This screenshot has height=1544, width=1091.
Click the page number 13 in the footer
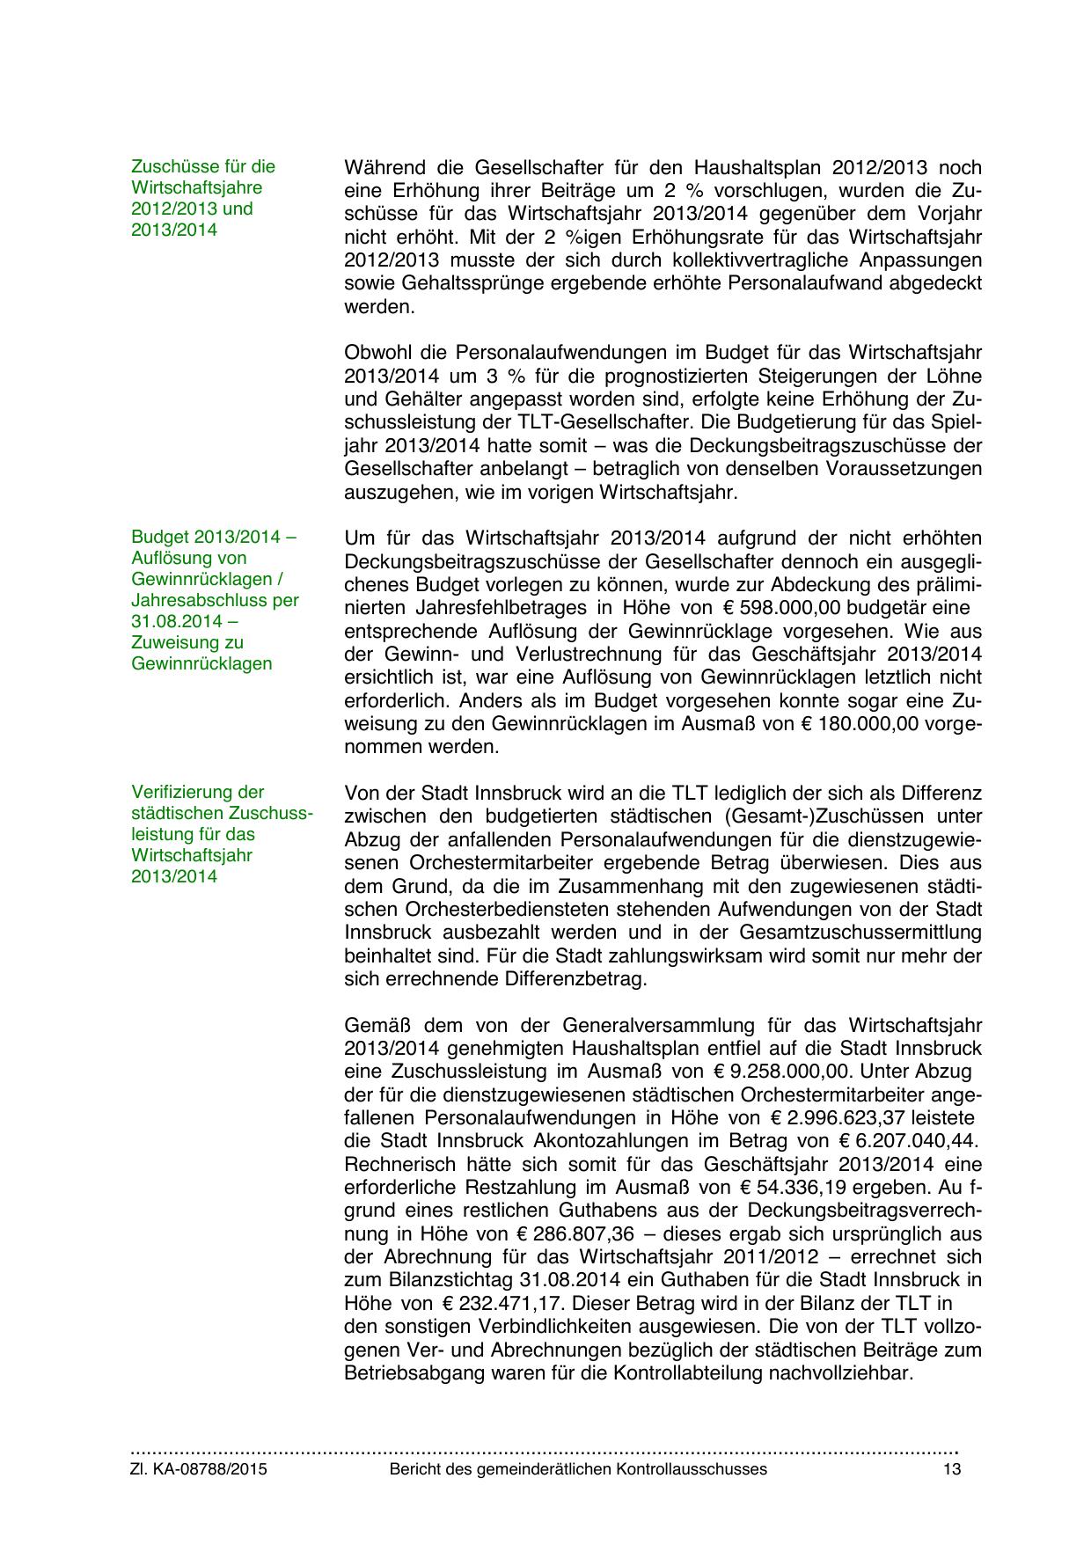951,1469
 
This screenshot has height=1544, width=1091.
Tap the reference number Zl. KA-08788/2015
199,1469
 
